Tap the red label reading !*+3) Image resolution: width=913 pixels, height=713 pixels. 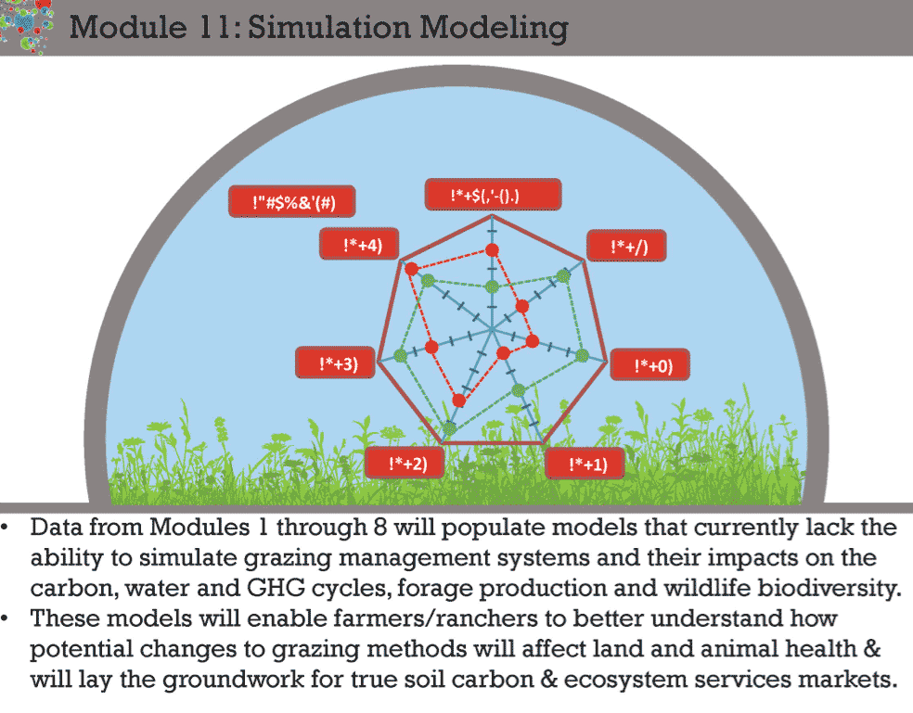click(333, 363)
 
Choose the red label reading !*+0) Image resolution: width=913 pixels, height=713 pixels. click(654, 365)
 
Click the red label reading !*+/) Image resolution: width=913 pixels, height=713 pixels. click(627, 247)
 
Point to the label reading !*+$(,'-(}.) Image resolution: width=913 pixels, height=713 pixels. click(493, 194)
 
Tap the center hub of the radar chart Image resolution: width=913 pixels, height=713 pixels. click(491, 328)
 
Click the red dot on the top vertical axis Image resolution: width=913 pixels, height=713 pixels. click(493, 249)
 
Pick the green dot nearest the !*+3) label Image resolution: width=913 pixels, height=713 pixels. click(400, 354)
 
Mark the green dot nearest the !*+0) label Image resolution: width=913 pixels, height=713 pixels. click(582, 354)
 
